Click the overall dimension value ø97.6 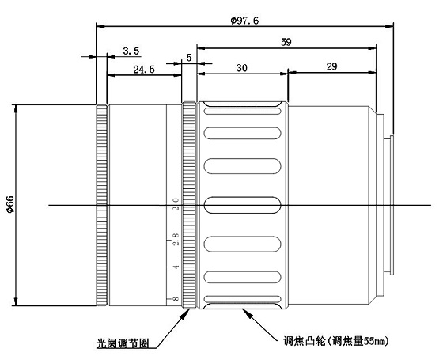tap(244, 21)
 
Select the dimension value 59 tap(286, 42)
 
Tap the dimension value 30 tap(242, 68)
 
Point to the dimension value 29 tap(331, 66)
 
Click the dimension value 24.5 tap(144, 70)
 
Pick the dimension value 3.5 tap(131, 51)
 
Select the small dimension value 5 tap(189, 57)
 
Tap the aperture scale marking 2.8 tap(176, 239)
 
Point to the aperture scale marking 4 tap(176, 267)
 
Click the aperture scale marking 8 tap(176, 298)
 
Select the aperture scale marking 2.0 tap(176, 204)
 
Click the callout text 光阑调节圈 tap(123, 343)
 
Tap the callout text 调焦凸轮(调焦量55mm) tap(336, 341)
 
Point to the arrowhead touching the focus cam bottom tap(247, 313)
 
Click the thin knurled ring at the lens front tap(102, 205)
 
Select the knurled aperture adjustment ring tap(189, 205)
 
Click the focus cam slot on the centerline tap(242, 205)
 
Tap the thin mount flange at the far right tap(392, 205)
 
